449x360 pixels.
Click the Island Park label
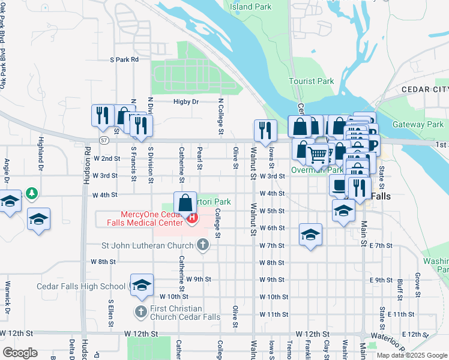point(251,7)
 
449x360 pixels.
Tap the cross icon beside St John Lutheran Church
point(203,245)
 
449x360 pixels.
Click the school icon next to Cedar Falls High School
point(141,285)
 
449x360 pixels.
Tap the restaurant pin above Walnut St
point(265,129)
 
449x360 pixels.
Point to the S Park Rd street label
point(124,59)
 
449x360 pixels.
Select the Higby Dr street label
point(186,102)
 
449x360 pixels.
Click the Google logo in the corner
point(20,353)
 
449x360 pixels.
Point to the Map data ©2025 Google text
point(411,355)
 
